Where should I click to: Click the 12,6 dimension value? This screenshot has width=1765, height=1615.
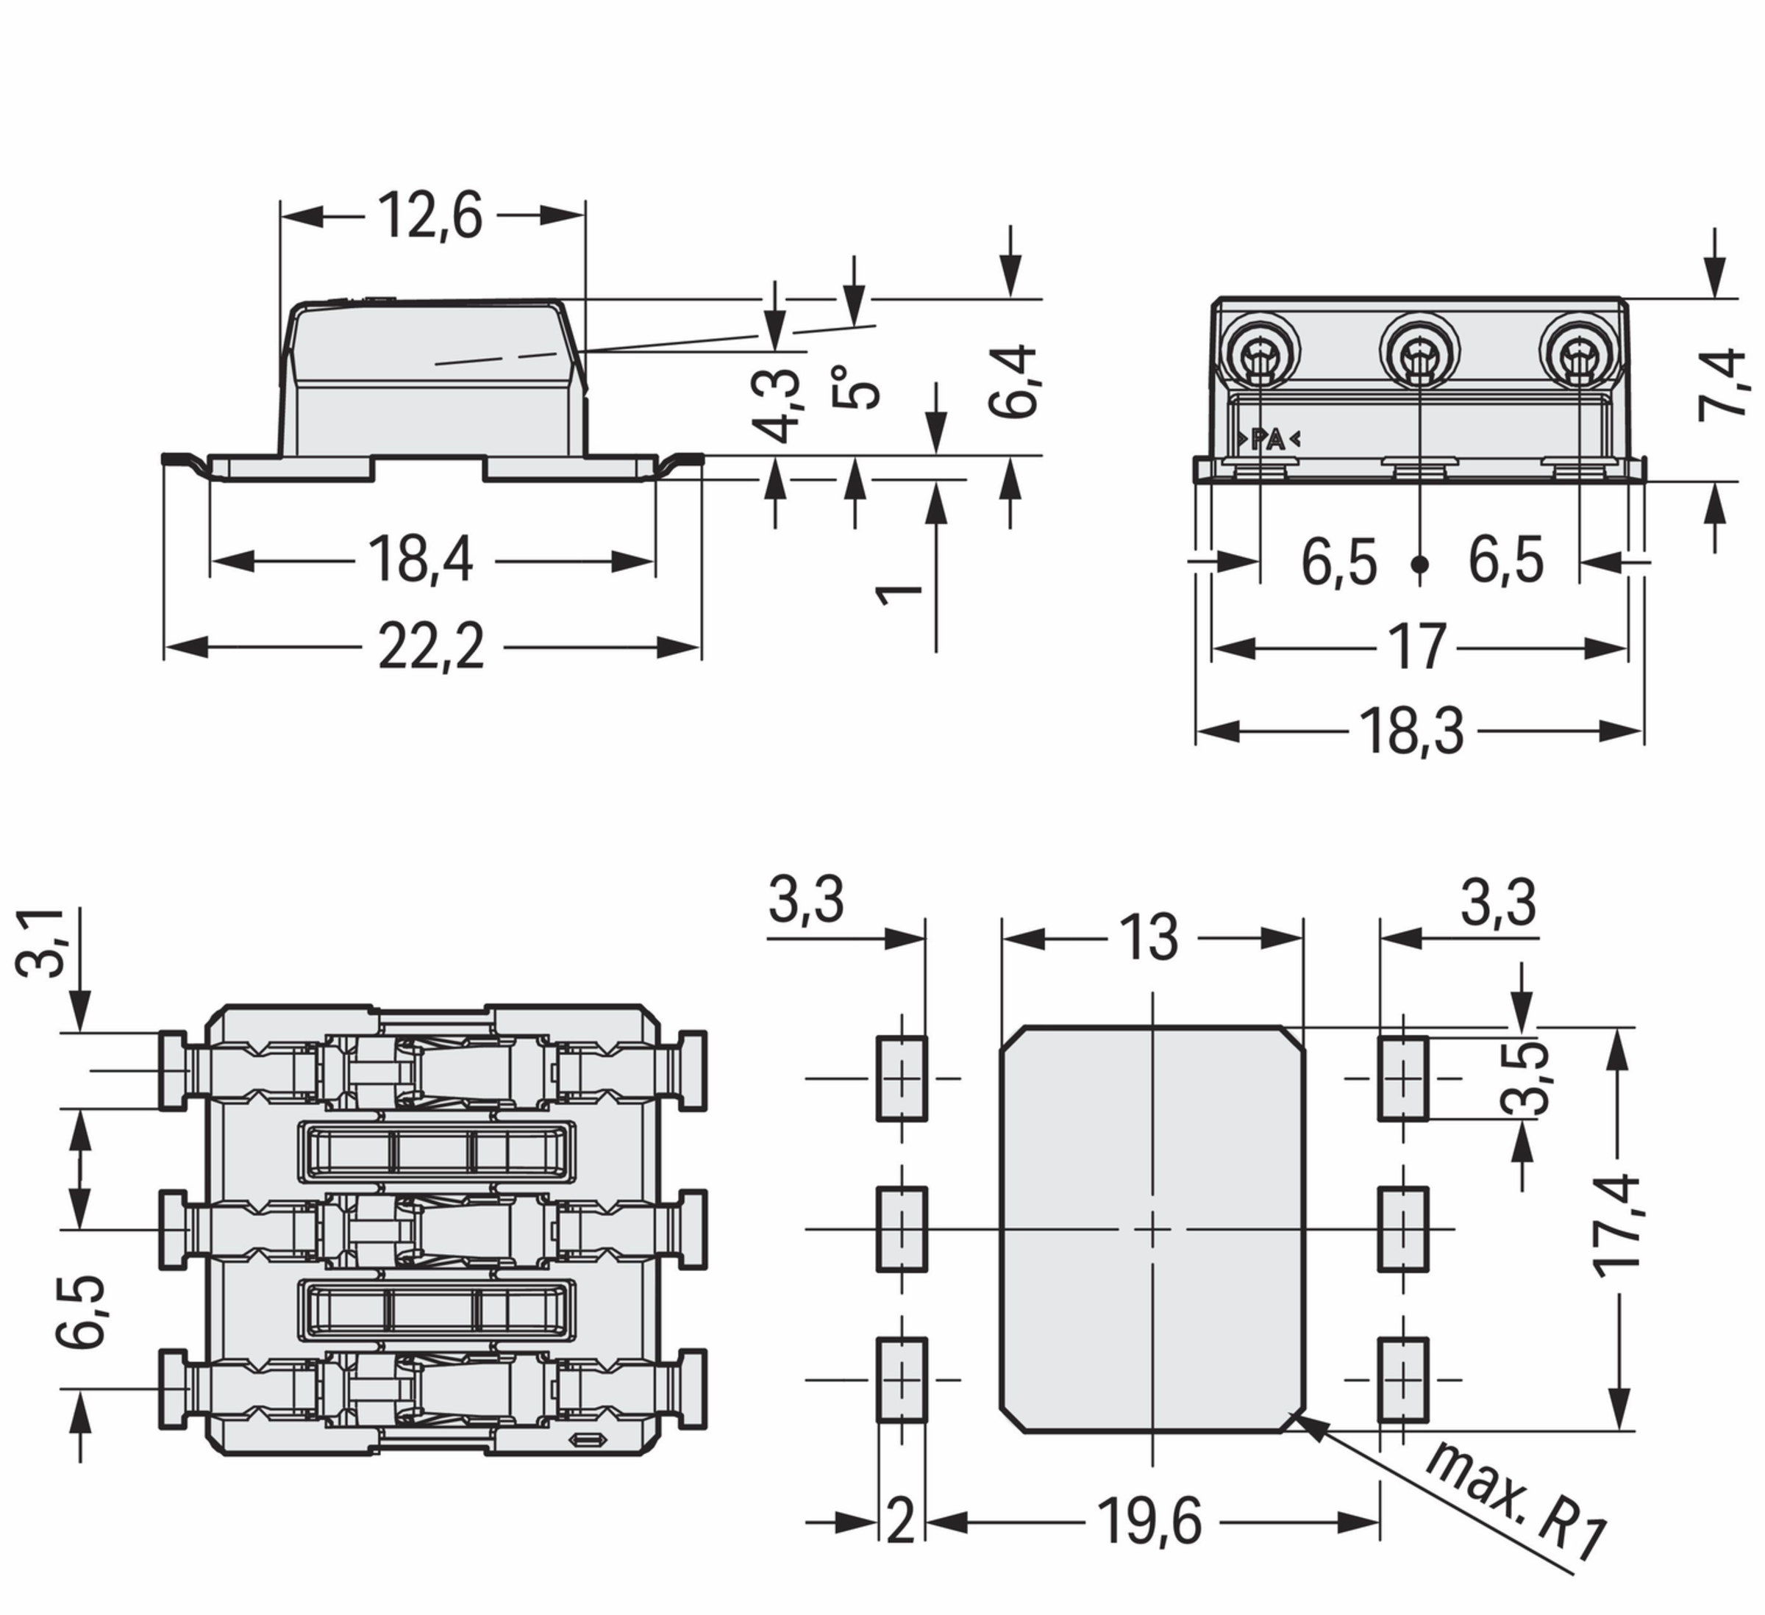[x=429, y=215]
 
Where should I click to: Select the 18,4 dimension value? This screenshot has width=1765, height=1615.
[x=420, y=559]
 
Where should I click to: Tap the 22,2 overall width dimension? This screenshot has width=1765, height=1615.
[x=431, y=647]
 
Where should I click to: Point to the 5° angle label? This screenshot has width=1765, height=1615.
[x=854, y=386]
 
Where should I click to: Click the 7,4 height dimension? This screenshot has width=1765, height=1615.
[x=1721, y=385]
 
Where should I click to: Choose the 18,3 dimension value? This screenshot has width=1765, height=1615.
[x=1411, y=731]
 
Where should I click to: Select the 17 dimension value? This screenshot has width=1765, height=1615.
[x=1416, y=647]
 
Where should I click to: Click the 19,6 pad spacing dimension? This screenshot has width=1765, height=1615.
[x=1149, y=1522]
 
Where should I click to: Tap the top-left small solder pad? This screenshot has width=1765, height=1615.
[x=902, y=1078]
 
